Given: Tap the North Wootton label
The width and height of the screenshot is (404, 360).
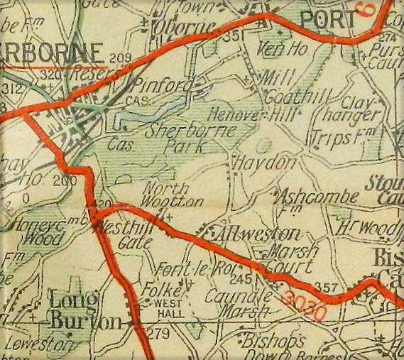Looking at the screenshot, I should pyautogui.click(x=167, y=195).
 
